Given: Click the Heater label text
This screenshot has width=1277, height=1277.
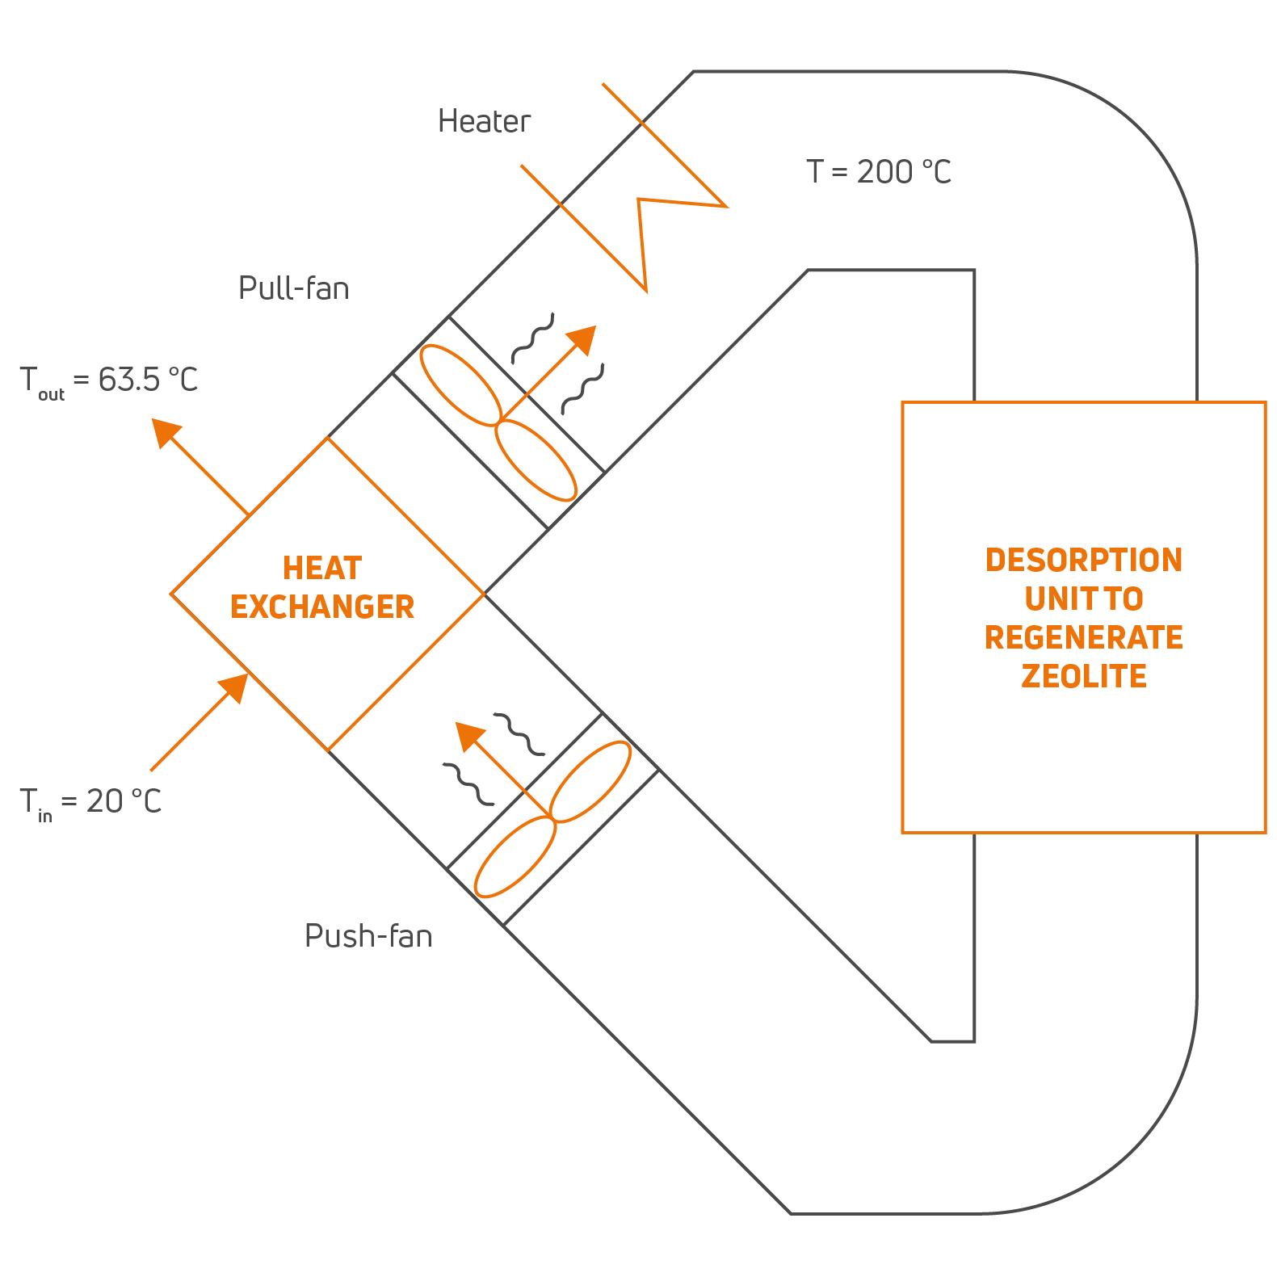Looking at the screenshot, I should click(x=484, y=121).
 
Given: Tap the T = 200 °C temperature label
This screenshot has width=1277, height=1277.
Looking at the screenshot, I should click(x=879, y=171).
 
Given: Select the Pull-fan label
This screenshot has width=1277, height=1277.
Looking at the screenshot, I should click(x=293, y=288).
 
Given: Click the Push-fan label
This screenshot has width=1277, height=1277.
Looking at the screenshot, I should click(x=368, y=936).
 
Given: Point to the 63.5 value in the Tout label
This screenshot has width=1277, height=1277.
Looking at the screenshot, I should click(x=129, y=380).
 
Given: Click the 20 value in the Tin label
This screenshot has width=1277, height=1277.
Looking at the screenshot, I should click(x=104, y=801).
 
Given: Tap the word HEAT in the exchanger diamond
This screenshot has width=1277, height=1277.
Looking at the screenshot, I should click(x=322, y=569).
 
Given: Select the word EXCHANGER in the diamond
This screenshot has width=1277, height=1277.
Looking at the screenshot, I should click(x=322, y=607).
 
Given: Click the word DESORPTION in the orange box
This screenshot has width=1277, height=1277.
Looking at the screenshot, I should click(x=1083, y=561).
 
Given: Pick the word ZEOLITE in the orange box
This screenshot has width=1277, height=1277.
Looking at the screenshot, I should click(x=1083, y=676).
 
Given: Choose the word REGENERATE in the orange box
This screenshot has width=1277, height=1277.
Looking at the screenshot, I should click(x=1083, y=637).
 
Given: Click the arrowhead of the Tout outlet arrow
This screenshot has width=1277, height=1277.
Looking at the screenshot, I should click(x=165, y=431).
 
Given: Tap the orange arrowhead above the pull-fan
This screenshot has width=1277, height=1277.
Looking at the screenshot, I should click(x=583, y=338).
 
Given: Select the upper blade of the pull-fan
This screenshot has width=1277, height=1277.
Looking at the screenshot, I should click(x=460, y=384).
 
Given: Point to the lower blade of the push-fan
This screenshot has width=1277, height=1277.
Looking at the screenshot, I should click(x=515, y=857).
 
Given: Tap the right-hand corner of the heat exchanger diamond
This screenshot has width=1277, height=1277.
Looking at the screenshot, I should click(x=483, y=594).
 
